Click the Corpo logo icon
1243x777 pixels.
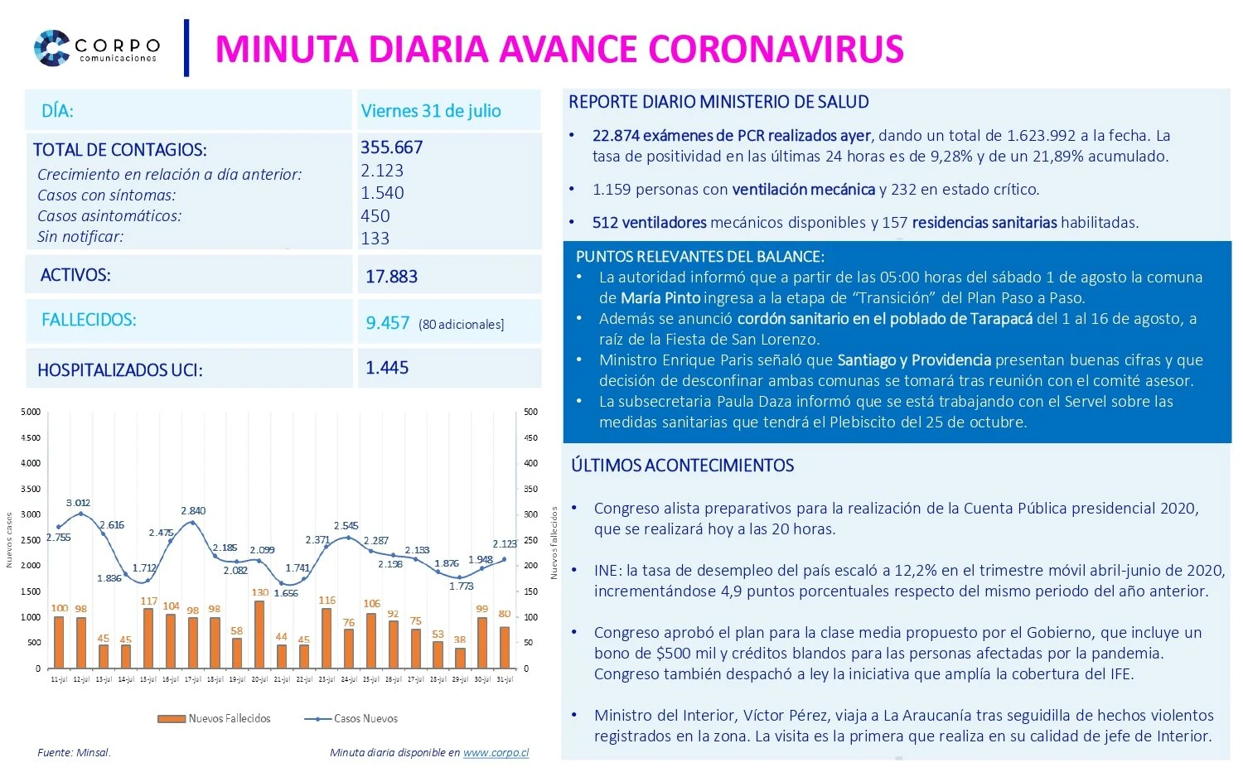(x=51, y=48)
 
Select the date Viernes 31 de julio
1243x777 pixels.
(x=431, y=111)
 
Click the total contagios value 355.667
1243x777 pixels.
(x=391, y=147)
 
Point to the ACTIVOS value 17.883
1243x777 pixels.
(x=391, y=277)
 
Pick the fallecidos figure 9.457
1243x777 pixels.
(x=387, y=323)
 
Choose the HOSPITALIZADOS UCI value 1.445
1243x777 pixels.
(x=387, y=368)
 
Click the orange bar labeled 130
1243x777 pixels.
(x=259, y=635)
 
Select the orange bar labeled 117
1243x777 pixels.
(x=148, y=639)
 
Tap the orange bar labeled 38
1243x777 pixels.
(x=460, y=658)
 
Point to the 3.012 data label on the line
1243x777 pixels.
(x=78, y=503)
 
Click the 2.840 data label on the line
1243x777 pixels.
(x=193, y=511)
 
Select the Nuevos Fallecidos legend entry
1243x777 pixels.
(x=215, y=719)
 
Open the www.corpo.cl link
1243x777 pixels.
(x=496, y=753)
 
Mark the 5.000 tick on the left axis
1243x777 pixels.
(x=30, y=413)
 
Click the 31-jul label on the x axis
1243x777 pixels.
(x=504, y=679)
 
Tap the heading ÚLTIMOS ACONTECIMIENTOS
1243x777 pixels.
(x=682, y=466)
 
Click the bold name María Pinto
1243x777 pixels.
(x=660, y=298)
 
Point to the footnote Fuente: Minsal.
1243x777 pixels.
(x=74, y=753)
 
